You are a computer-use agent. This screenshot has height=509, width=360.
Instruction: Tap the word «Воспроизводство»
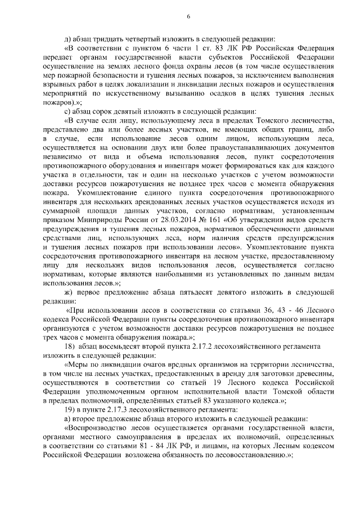coord(96,429)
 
